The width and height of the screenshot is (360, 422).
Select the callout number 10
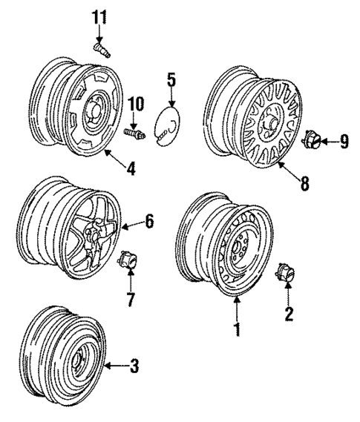[136, 104]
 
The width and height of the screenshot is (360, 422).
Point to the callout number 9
[343, 140]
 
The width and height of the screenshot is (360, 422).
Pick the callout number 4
[131, 168]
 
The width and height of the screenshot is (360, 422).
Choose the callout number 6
[149, 222]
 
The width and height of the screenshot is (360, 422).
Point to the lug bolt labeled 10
[134, 132]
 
